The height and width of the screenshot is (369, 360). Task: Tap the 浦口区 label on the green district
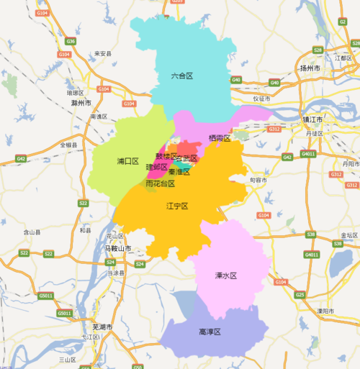[x=127, y=162]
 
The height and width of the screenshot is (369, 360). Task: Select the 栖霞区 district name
[x=219, y=137]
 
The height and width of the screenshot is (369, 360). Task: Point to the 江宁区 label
[x=176, y=206]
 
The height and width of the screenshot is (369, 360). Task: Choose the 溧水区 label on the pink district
[x=226, y=275]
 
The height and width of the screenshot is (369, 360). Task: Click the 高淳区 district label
[x=210, y=332]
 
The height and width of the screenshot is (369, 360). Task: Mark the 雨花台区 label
[x=160, y=184]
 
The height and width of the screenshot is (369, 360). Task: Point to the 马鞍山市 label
[x=118, y=248]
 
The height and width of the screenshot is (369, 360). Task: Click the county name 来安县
[x=104, y=53]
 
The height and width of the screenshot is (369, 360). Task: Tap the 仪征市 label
[x=261, y=99]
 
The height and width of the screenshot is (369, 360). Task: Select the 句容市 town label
[x=258, y=179]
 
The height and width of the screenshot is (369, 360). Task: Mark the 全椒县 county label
[x=71, y=145]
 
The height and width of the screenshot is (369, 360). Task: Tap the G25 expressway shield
[x=300, y=294]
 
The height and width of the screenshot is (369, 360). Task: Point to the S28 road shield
[x=317, y=50]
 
